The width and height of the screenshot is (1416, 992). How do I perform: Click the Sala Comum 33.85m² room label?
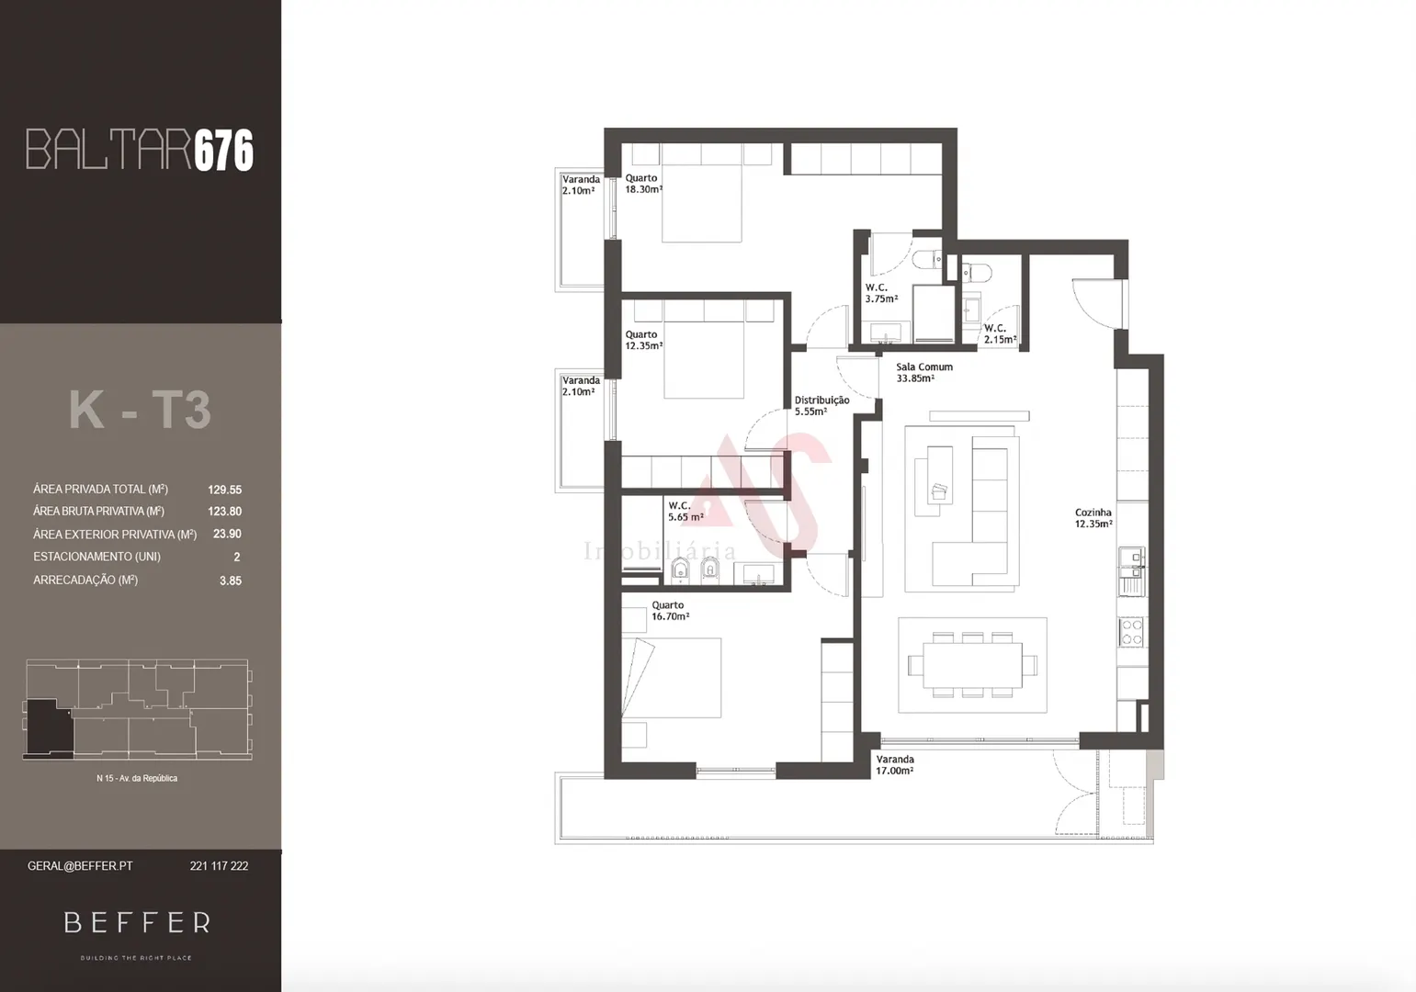[923, 372]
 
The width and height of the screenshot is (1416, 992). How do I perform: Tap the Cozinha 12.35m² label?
[1093, 518]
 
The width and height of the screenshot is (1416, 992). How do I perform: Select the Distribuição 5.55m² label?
[821, 406]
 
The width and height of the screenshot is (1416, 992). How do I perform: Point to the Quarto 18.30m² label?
[643, 184]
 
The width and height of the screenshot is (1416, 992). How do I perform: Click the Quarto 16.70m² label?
[670, 611]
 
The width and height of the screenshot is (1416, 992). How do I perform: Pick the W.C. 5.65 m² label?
[685, 512]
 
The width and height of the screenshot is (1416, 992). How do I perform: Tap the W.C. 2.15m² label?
[999, 333]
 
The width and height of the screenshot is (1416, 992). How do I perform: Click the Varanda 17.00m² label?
[894, 765]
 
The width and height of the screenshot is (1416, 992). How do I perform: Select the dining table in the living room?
[972, 664]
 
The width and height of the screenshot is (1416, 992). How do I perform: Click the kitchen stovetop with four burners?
[1131, 632]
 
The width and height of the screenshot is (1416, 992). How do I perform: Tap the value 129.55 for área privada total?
[224, 490]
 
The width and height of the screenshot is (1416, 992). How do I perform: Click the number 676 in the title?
[223, 150]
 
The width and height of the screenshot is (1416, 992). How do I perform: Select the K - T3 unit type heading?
[140, 410]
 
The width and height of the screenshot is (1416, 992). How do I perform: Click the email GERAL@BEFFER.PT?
[80, 866]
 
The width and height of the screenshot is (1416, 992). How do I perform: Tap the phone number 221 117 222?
[219, 866]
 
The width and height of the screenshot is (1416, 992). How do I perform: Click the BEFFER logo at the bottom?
[137, 922]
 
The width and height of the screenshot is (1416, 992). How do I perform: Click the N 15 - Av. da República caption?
[137, 778]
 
